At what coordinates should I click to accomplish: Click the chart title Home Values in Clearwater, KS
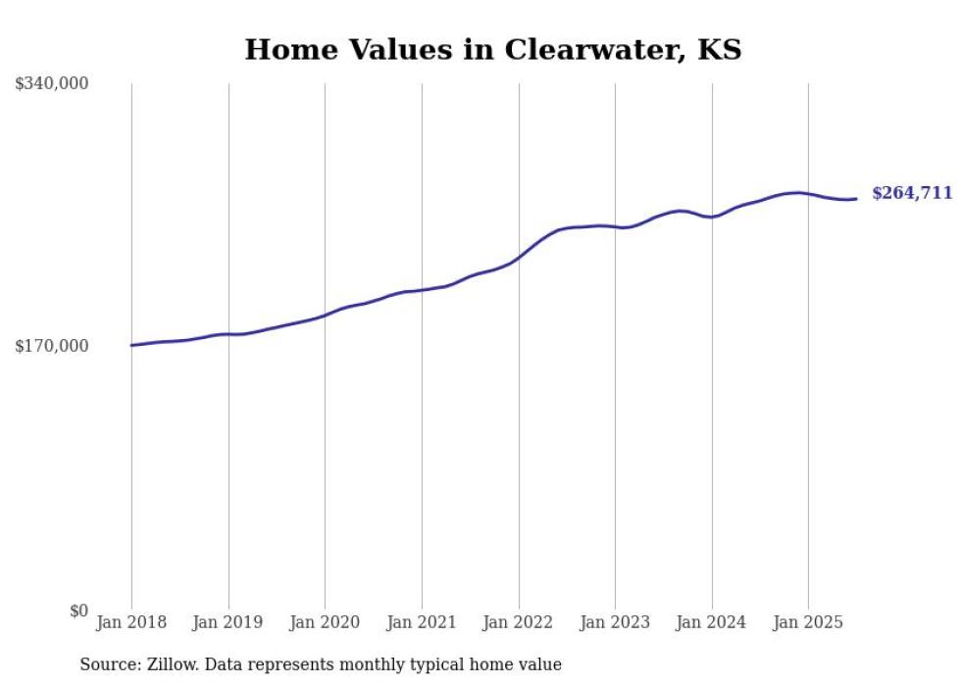point(492,49)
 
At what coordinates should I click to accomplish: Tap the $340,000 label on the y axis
point(52,84)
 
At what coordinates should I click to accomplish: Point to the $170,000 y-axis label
point(52,346)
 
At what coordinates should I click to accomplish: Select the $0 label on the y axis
point(78,611)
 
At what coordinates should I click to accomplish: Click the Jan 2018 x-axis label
point(131,622)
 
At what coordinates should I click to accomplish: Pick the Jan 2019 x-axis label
point(228,622)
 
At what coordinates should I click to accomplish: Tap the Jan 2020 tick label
point(325,622)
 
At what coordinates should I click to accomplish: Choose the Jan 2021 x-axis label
point(422,622)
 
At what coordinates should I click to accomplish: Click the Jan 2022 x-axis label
point(519,622)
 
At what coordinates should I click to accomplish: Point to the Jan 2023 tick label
point(615,622)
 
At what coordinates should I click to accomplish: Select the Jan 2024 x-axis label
point(712,622)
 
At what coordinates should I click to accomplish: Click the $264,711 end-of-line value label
point(912,194)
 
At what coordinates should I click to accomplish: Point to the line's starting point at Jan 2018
point(131,345)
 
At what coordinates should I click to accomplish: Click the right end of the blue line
point(856,199)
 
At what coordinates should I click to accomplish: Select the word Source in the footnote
point(106,665)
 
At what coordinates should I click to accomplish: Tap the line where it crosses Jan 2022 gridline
point(519,256)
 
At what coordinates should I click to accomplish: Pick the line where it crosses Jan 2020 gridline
point(325,315)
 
